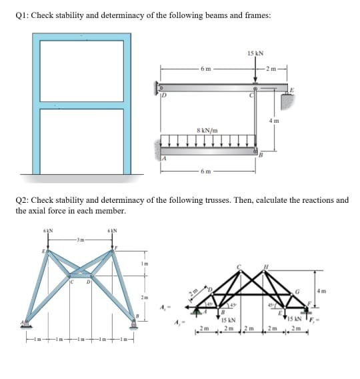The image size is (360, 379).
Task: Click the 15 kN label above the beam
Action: [x=254, y=53]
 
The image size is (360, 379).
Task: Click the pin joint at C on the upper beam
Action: [x=255, y=88]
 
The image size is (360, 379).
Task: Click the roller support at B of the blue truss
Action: [x=135, y=322]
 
